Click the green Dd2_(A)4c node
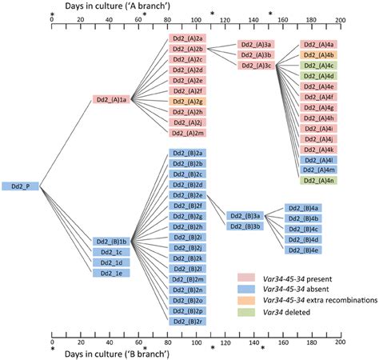click(317, 66)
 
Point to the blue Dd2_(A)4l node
click(317, 160)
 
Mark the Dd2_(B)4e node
click(304, 250)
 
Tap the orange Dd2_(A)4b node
click(317, 54)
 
